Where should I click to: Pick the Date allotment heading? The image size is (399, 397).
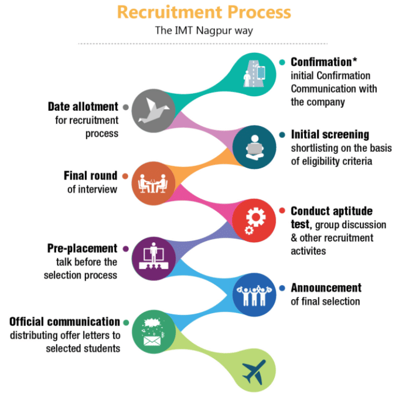[x=83, y=107]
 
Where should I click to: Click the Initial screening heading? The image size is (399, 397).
[x=330, y=135]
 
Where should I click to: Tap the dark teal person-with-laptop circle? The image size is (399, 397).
[x=254, y=147]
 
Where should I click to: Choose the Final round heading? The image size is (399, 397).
[x=90, y=176]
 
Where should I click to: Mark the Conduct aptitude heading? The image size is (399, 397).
[x=331, y=211]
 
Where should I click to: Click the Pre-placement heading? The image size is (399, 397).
[x=83, y=249]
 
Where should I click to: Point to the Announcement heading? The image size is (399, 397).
[x=326, y=288]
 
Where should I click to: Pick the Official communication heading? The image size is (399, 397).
[x=64, y=321]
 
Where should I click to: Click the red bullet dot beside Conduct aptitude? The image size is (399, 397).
[x=282, y=211]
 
